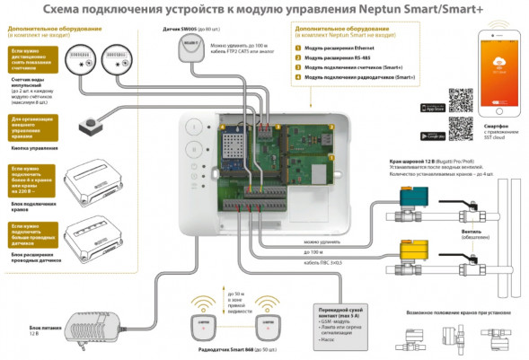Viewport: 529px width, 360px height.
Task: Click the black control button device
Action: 88,120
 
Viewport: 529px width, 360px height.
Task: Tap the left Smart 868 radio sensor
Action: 204,320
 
